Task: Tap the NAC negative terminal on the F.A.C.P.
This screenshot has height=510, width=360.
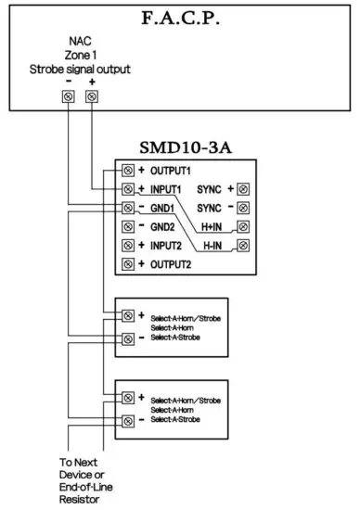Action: point(70,96)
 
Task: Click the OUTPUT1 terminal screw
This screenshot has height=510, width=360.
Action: point(128,171)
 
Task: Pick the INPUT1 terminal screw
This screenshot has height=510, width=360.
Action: point(128,189)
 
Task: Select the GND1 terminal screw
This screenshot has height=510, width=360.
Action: point(128,208)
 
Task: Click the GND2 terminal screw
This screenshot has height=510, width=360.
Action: point(128,226)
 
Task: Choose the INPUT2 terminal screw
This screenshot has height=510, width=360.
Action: point(128,246)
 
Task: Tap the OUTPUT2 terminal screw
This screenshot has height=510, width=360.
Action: point(128,264)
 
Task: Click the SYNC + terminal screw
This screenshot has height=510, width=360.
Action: point(242,189)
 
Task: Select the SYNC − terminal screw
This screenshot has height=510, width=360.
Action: point(242,208)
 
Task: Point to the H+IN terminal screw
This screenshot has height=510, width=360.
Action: point(242,226)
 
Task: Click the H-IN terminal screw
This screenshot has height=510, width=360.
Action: point(242,246)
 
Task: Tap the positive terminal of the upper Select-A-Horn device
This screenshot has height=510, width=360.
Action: point(128,315)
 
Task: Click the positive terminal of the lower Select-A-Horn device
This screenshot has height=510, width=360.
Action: point(128,398)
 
